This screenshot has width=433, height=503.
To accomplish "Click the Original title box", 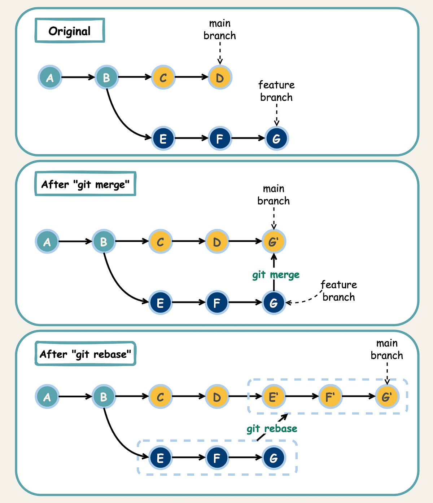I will [x=70, y=31].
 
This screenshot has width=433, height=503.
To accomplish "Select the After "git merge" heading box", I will [x=85, y=184].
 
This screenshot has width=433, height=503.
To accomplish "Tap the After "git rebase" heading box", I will [x=85, y=354].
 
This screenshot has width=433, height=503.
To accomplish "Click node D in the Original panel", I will [x=220, y=77].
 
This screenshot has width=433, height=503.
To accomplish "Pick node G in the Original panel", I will [x=276, y=138].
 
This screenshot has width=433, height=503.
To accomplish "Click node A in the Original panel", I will [x=50, y=77].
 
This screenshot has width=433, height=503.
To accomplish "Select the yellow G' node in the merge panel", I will [x=274, y=241].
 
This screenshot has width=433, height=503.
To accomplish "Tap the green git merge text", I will [x=276, y=275].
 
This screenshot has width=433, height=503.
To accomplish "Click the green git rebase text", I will [x=272, y=429].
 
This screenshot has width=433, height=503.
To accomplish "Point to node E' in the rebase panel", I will [x=274, y=397].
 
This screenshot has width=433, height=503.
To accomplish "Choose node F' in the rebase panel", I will [x=330, y=397].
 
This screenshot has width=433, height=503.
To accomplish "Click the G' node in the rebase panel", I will [x=386, y=397].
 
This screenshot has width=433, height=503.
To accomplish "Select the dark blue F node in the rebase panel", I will [x=217, y=458].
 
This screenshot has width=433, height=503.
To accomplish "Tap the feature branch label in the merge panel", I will [x=338, y=291].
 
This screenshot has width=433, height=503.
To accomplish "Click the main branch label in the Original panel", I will [x=220, y=30].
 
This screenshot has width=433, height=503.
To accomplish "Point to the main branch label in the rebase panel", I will [x=387, y=349].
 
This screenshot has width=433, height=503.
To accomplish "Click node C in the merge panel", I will [x=160, y=241].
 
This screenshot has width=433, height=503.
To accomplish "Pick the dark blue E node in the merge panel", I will [x=160, y=303].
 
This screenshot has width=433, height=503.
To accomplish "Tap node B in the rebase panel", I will [x=104, y=397].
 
